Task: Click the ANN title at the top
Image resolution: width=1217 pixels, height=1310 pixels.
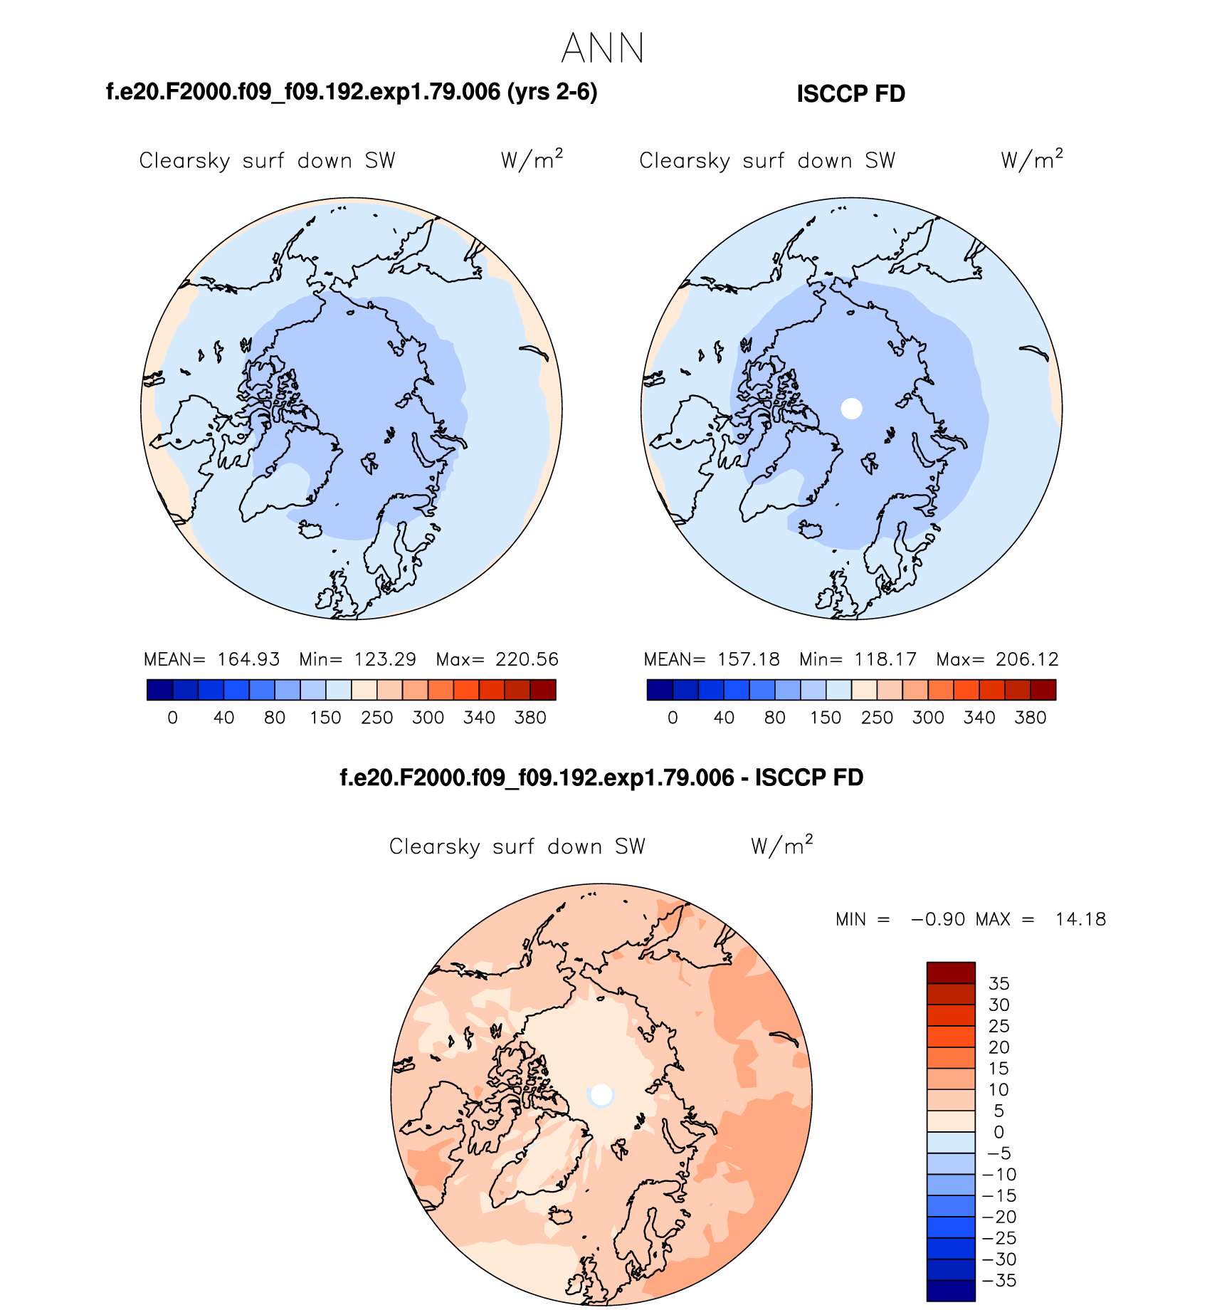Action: [602, 48]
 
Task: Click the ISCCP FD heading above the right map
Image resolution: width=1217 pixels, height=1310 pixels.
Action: [850, 94]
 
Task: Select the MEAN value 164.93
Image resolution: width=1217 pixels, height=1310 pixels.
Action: [248, 659]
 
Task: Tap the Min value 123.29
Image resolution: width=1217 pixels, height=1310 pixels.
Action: [385, 659]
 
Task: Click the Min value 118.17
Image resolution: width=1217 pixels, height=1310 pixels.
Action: [885, 659]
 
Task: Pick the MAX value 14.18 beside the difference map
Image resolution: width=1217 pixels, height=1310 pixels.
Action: [1080, 919]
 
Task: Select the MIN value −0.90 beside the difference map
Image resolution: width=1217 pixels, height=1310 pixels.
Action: [938, 919]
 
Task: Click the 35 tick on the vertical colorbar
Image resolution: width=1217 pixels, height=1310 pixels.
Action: [999, 983]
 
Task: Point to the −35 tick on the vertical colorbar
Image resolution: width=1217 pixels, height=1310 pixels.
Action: [999, 1280]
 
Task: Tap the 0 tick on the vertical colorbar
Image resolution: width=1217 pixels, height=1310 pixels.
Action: [999, 1132]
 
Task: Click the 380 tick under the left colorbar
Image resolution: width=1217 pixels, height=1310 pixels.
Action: [530, 718]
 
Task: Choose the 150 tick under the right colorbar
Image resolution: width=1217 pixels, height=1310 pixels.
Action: [826, 718]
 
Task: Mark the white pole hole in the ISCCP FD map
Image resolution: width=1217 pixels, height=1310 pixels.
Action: [851, 409]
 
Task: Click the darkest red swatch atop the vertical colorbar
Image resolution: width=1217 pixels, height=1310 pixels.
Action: [951, 973]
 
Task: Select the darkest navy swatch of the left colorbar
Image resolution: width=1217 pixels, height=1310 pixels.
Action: [159, 690]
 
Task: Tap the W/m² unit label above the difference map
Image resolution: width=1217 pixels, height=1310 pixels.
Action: [781, 845]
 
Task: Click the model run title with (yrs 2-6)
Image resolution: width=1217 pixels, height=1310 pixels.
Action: [352, 92]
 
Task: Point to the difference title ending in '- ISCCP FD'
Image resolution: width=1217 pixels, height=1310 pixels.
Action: [601, 777]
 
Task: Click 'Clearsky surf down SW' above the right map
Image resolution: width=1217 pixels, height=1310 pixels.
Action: [766, 161]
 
